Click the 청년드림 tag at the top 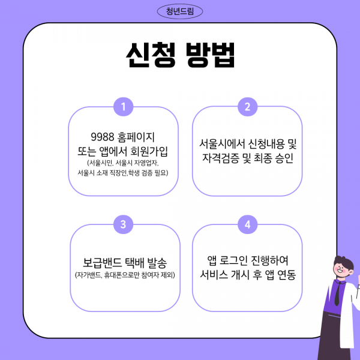pyautogui.click(x=179, y=11)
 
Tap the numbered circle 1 pyautogui.click(x=122, y=107)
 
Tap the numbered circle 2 pyautogui.click(x=247, y=107)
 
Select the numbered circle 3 pyautogui.click(x=122, y=224)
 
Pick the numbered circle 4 pyautogui.click(x=247, y=224)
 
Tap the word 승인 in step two pyautogui.click(x=284, y=159)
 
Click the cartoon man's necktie pyautogui.click(x=339, y=293)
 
